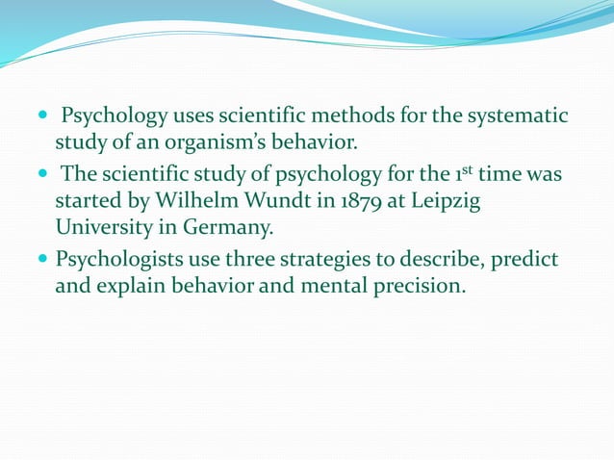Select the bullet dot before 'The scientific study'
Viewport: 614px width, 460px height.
click(43, 175)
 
